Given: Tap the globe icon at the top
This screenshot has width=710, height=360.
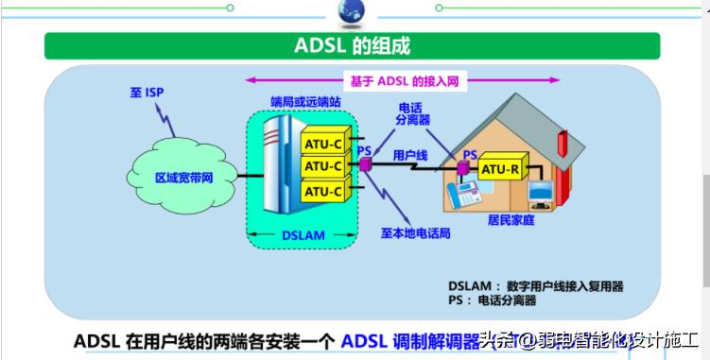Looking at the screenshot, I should pos(351,10).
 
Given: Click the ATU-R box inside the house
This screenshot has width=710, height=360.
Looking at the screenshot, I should pos(501,169).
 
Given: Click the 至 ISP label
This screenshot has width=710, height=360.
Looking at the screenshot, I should pos(147,93).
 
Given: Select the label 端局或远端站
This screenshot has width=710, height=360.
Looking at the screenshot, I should pos(303,98).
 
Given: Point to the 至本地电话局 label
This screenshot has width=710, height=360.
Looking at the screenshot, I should pos(416,232).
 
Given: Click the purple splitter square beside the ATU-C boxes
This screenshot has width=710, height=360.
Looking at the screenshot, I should pos(365,165).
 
